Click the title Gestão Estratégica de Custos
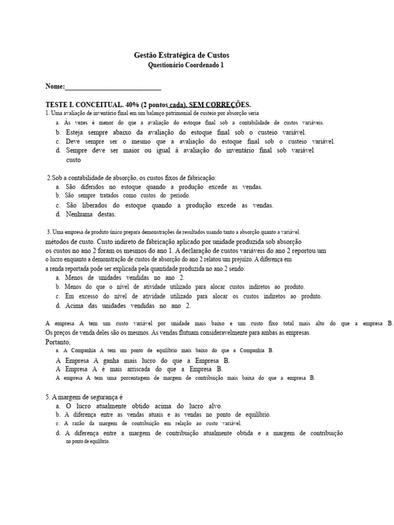click(x=182, y=54)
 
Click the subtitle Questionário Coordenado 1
click(x=186, y=65)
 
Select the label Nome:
click(x=55, y=86)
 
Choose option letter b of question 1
click(x=58, y=132)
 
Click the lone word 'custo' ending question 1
click(x=73, y=160)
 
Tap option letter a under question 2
click(x=58, y=187)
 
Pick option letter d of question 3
click(x=58, y=306)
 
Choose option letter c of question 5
click(x=58, y=423)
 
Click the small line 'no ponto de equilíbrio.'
click(x=87, y=441)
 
